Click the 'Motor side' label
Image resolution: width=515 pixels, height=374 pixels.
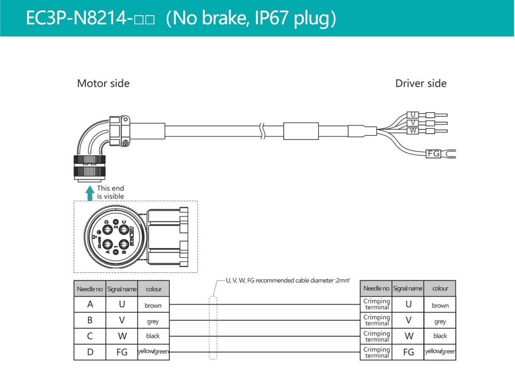coord(103,83)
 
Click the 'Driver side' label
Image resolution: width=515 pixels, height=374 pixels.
coord(421,83)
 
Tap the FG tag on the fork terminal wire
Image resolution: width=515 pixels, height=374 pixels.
coord(433,153)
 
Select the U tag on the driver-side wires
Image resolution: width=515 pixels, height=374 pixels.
coord(412,115)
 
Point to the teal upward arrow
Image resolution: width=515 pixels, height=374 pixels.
coord(90,192)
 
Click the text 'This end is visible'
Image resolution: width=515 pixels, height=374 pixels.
coord(110,192)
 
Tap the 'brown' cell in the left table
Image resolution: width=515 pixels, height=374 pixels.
coord(153,305)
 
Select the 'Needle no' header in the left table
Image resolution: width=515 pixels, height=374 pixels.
coord(90,289)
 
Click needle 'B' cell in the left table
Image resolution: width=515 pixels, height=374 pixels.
coord(90,321)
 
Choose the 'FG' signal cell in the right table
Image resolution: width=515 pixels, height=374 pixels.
coord(408,352)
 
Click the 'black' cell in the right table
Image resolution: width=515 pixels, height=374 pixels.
coord(440,336)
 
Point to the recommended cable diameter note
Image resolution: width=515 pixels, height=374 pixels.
coord(288,281)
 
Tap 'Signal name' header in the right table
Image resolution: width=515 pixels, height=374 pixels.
coord(408,289)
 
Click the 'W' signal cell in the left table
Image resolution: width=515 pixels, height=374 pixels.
coord(122,336)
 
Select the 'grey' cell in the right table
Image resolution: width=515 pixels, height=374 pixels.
coord(440,321)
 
